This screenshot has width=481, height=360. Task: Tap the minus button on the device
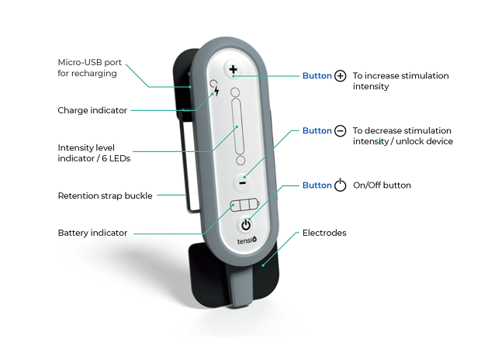click(242, 183)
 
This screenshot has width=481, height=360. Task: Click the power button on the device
click(246, 225)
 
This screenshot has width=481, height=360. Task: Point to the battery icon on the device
click(244, 205)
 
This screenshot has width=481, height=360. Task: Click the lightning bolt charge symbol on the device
click(216, 91)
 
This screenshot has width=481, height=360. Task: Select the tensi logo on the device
click(247, 241)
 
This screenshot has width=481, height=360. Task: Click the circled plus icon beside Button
click(341, 76)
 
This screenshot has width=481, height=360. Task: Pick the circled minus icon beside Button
click(341, 131)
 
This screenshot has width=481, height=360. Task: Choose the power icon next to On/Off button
click(341, 185)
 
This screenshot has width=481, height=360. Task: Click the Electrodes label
click(324, 233)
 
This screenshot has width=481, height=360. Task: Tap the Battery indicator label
click(92, 233)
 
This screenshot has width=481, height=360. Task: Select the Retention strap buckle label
click(105, 196)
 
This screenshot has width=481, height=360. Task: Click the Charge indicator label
click(92, 110)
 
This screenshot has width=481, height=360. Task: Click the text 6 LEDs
click(116, 158)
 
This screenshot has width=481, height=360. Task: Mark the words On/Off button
click(382, 185)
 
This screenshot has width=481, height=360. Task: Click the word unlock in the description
click(408, 141)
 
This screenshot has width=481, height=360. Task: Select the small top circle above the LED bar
click(235, 92)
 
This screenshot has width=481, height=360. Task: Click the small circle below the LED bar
click(240, 160)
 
